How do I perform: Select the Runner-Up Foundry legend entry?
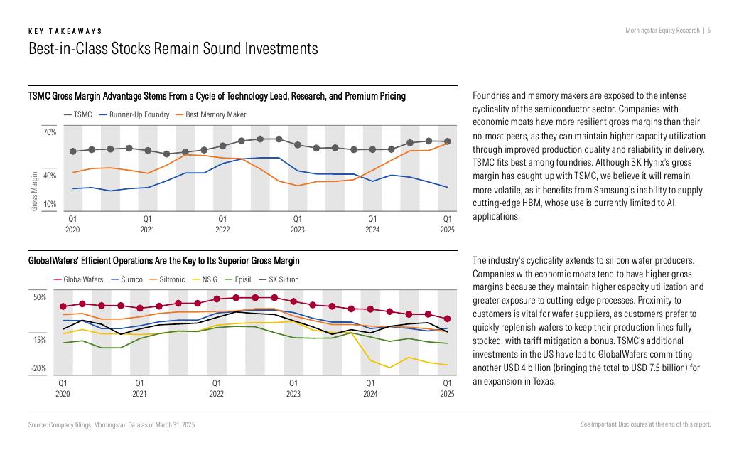[139, 114]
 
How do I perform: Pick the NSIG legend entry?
[210, 279]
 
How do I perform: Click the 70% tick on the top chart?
[49, 132]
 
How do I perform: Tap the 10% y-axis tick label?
[49, 205]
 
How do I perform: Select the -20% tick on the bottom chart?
[38, 369]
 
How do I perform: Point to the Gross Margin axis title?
[33, 191]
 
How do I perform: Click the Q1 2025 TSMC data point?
[448, 141]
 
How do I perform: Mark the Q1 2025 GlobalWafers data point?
[447, 318]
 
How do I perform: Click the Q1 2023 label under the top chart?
[297, 225]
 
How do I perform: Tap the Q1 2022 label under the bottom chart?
[216, 388]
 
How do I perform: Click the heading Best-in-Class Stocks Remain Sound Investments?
[173, 49]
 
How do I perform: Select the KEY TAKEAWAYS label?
[65, 31]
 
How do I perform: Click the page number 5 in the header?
[710, 31]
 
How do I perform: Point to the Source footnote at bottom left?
[112, 424]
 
